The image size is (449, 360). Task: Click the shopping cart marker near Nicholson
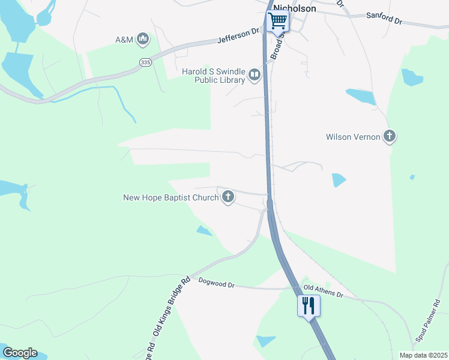coord(277,21)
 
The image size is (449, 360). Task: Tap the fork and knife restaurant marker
coord(309,306)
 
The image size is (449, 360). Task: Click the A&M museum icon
coord(143,40)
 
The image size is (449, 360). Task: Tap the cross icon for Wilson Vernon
coord(390,137)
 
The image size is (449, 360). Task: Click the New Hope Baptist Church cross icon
coord(228,197)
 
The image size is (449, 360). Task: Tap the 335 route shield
coord(144,62)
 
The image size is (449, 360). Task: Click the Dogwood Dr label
coord(216,283)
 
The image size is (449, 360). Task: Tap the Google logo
coord(20,353)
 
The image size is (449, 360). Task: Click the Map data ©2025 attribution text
coord(423,355)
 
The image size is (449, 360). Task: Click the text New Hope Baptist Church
coord(171,197)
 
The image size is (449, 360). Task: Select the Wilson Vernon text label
coord(353,137)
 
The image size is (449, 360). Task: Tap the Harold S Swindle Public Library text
coord(213,76)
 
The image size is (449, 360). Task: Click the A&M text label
coord(124,40)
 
